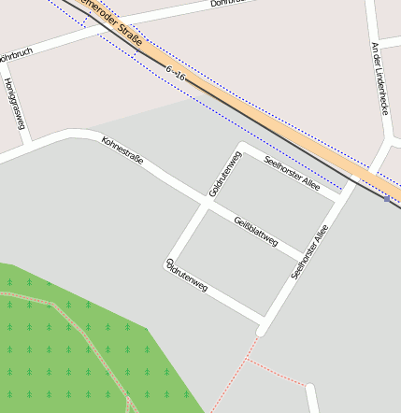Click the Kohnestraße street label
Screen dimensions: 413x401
(122, 150)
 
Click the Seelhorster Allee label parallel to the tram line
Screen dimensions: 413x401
(292, 173)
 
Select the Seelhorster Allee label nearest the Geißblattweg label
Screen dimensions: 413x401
(310, 252)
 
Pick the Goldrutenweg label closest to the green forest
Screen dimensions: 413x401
(186, 275)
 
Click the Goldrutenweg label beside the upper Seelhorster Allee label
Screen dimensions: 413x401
(226, 175)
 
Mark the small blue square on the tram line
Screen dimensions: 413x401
(387, 198)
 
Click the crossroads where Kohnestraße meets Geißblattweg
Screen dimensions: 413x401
(206, 202)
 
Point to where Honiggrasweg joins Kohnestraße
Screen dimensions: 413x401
(28, 141)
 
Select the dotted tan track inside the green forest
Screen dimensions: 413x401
(93, 346)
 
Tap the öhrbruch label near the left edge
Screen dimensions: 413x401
(16, 54)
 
